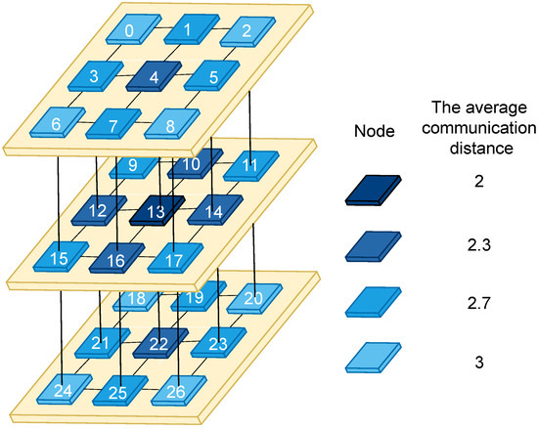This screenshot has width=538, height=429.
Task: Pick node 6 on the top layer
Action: [57, 125]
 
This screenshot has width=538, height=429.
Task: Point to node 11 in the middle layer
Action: [250, 166]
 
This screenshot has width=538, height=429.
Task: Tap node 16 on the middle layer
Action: [116, 260]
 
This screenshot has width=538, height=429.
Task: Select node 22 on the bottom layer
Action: [157, 343]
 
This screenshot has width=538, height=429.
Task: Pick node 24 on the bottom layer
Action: [62, 392]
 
